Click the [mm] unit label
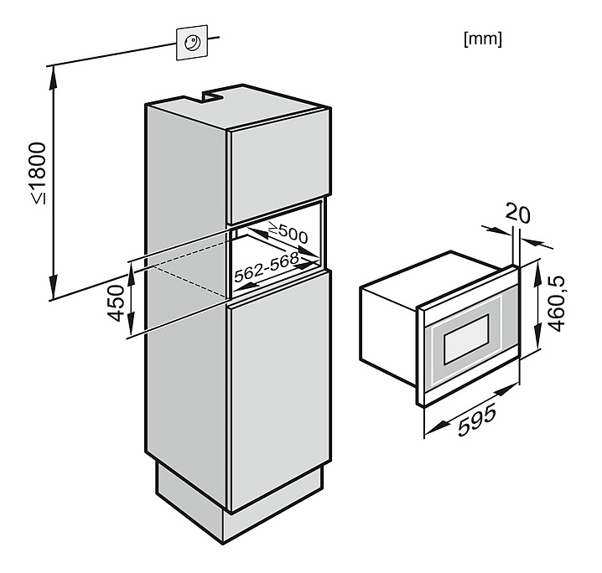pyautogui.click(x=482, y=39)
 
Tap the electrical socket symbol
pyautogui.click(x=190, y=43)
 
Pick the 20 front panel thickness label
pyautogui.click(x=519, y=214)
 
